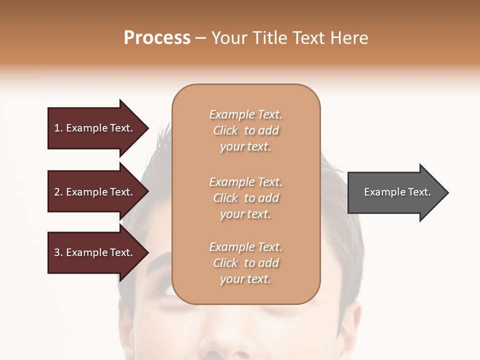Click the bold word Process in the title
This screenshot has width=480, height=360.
coord(157,37)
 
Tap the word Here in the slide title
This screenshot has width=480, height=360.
coord(349,37)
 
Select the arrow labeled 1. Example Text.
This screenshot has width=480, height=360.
coord(95,128)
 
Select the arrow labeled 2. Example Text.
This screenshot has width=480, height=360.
coord(95,192)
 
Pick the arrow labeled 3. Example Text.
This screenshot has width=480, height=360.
coord(95,252)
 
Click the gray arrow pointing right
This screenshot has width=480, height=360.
coord(395,192)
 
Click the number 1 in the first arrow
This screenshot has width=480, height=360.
coord(57,128)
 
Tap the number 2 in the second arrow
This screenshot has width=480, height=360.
coord(57,192)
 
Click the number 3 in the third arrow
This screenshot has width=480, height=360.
coord(57,252)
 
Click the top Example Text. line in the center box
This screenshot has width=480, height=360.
coord(245,114)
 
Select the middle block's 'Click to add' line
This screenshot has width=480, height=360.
coord(245,198)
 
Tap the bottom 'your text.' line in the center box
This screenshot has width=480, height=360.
coord(245,279)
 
